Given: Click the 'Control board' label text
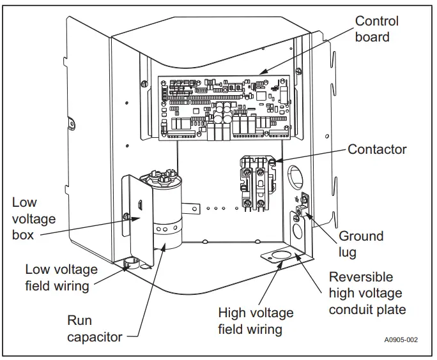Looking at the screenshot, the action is click(x=376, y=29).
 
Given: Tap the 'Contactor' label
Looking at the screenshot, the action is click(x=377, y=149).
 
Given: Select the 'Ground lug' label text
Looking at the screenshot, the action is click(x=361, y=244).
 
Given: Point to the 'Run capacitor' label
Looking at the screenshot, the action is click(x=95, y=329).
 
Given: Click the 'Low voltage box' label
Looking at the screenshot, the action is click(x=34, y=219).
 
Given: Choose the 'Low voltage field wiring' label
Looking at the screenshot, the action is click(x=61, y=278).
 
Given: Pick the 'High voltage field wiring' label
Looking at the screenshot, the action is click(x=256, y=321).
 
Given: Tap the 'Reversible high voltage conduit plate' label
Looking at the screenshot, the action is click(x=367, y=293).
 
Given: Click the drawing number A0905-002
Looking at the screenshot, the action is click(x=401, y=340).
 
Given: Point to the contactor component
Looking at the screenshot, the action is click(x=257, y=184).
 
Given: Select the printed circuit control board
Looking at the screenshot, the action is click(x=224, y=107).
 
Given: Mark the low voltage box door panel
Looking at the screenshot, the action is click(x=137, y=220).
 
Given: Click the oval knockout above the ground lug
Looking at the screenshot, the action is click(x=295, y=177).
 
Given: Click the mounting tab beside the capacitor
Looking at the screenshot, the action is click(x=191, y=209).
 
